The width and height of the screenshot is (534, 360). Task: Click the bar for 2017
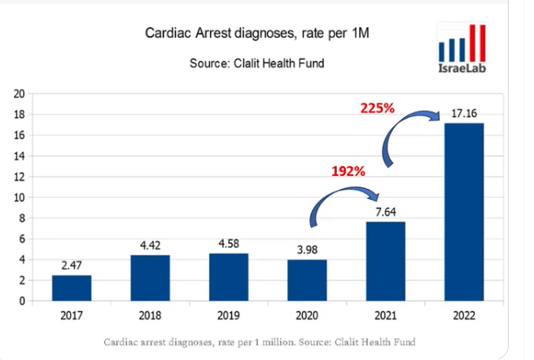(72, 288)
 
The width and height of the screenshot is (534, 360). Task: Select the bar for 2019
(229, 277)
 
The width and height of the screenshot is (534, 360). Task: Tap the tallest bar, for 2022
(463, 212)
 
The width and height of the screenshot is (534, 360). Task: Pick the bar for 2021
(385, 261)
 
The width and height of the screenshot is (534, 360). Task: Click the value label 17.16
(462, 113)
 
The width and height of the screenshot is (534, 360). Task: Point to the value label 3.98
(307, 249)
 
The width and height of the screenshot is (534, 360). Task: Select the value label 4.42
(151, 244)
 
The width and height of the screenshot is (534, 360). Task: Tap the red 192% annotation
(348, 172)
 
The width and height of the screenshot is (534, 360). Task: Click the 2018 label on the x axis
(151, 316)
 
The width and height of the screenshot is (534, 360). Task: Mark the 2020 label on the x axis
(307, 316)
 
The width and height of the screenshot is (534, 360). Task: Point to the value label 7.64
(385, 212)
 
